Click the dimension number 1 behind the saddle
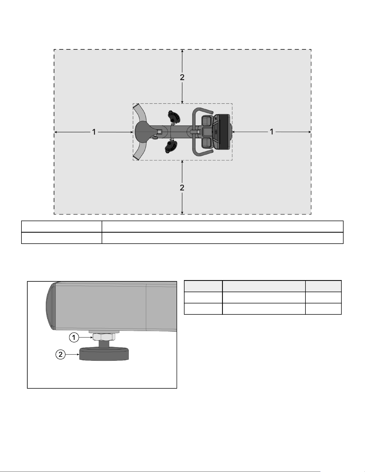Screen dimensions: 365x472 pos(94,132)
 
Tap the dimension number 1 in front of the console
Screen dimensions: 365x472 pos(272,132)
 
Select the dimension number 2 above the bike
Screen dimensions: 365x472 pos(182,77)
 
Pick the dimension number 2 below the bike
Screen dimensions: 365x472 pos(182,188)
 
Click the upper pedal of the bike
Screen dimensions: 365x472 pos(174,117)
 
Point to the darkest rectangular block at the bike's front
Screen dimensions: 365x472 pos(223,132)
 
